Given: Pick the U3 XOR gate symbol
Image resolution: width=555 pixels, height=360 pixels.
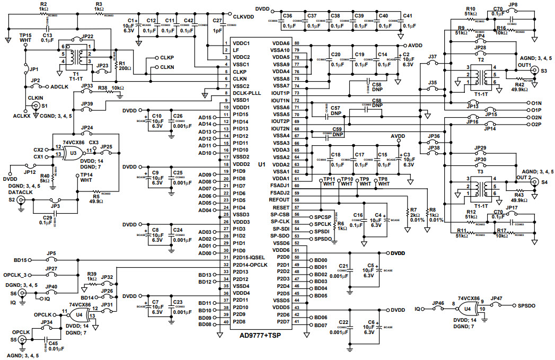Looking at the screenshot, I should point(73,153).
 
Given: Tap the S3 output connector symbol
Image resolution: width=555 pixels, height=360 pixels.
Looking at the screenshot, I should point(543,69).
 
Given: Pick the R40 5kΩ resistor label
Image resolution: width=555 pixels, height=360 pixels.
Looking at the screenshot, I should point(46,179).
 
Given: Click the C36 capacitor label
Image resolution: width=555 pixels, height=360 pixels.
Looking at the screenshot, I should point(288,16).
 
